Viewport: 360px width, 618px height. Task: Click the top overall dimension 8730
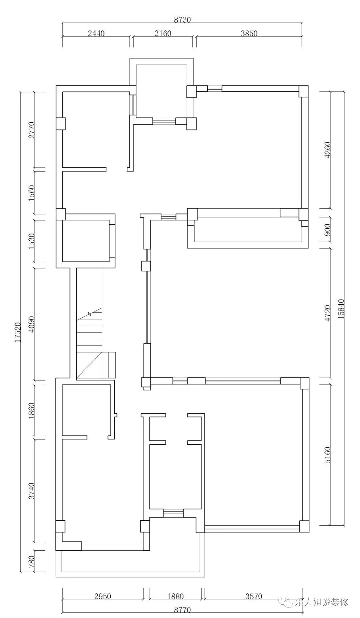coord(182,20)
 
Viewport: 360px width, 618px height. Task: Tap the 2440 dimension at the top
coord(96,33)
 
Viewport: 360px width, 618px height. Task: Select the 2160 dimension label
coord(163,33)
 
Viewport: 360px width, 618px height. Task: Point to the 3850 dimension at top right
coord(249,33)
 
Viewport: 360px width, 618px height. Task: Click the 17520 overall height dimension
coord(18,332)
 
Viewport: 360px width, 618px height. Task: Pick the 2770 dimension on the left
coord(32,130)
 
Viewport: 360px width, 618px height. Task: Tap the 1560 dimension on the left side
coord(32,192)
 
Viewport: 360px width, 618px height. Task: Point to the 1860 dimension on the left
coord(32,411)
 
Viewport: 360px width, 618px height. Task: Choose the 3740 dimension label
coord(32,491)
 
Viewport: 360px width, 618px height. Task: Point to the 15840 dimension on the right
coord(341,309)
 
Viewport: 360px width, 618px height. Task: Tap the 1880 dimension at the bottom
coord(176,596)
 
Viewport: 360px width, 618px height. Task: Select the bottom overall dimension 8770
coord(182,610)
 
